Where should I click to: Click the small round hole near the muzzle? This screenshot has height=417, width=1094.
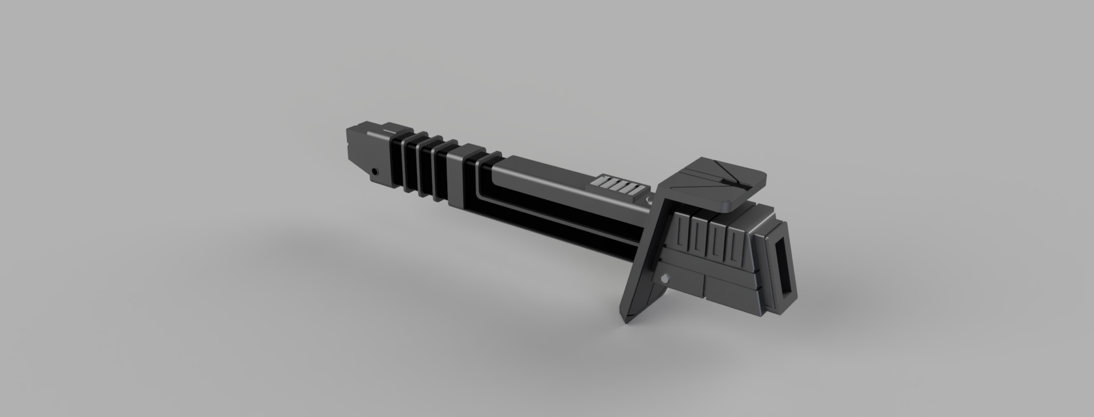[375, 171]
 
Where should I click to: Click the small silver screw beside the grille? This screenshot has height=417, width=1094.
[649, 201]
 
